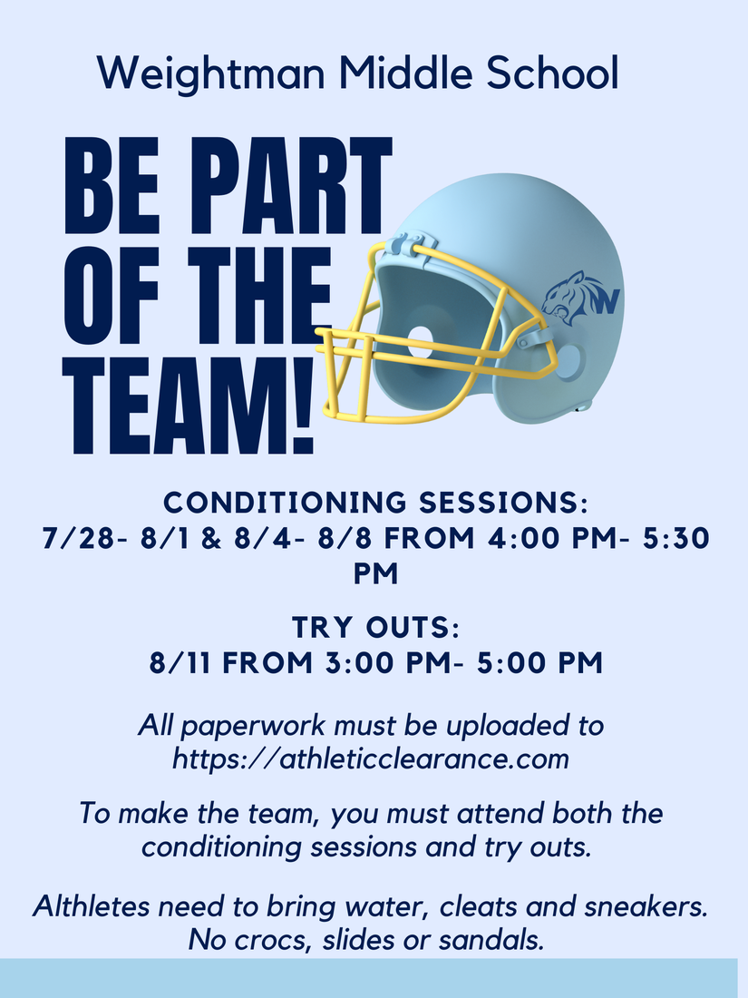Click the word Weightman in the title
211,73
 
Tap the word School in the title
552,72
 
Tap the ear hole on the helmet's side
569,360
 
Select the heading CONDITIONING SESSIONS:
376,503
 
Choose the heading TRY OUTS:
375,628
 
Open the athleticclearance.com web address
371,758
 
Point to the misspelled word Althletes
92,906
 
